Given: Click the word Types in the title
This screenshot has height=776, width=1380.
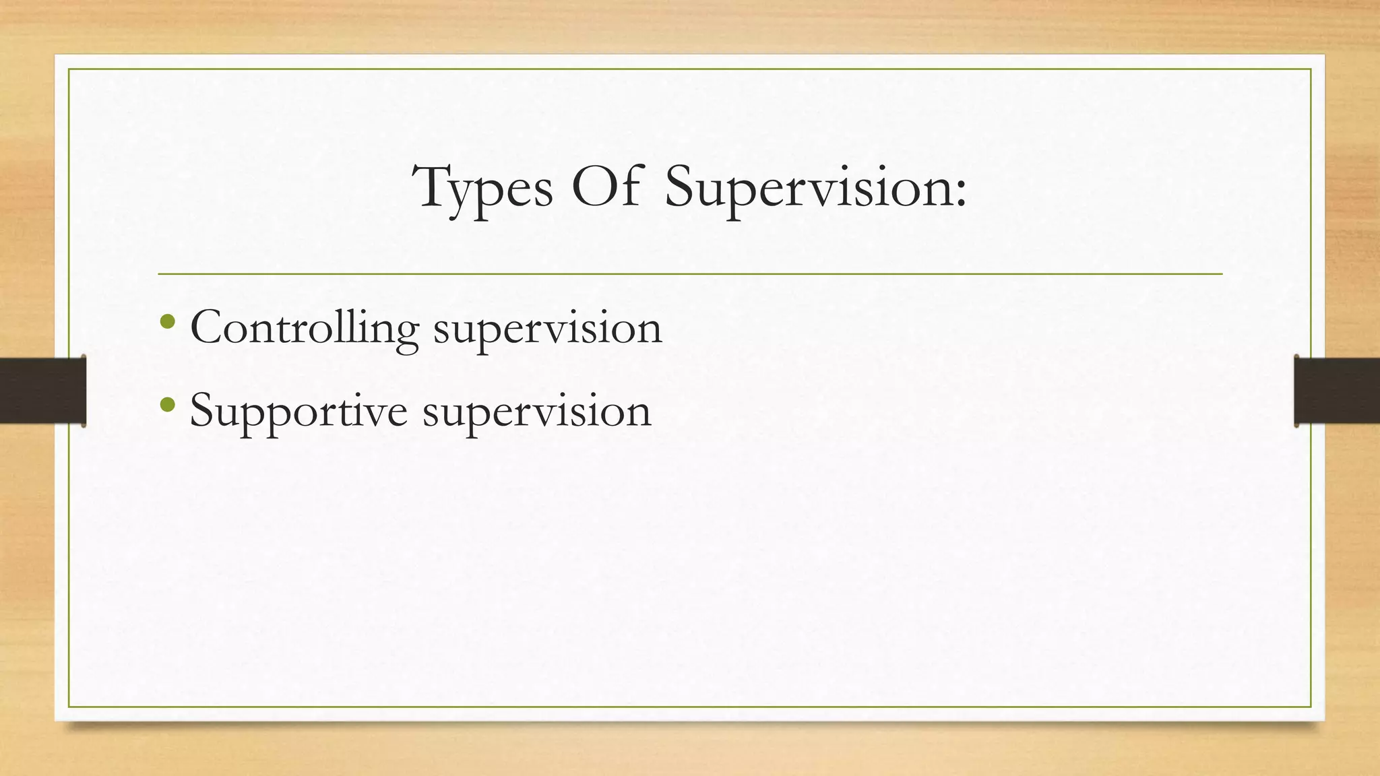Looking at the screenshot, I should pyautogui.click(x=482, y=189).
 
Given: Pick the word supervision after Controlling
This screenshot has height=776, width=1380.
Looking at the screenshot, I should pyautogui.click(x=547, y=331).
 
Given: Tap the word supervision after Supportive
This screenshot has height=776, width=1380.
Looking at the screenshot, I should pyautogui.click(x=536, y=412).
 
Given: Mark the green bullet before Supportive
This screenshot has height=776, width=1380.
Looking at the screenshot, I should pyautogui.click(x=168, y=405).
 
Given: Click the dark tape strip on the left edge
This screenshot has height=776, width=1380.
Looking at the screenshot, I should pyautogui.click(x=42, y=391).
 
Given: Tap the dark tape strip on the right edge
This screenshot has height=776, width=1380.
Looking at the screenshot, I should pyautogui.click(x=1337, y=391).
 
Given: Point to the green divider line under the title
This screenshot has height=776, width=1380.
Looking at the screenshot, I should pyautogui.click(x=690, y=274).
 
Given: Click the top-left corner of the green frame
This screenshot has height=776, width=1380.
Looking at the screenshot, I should pyautogui.click(x=69, y=69).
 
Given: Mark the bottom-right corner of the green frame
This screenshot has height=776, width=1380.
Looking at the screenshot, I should pyautogui.click(x=1311, y=707).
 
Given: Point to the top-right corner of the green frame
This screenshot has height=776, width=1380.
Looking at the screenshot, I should pyautogui.click(x=1311, y=69).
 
